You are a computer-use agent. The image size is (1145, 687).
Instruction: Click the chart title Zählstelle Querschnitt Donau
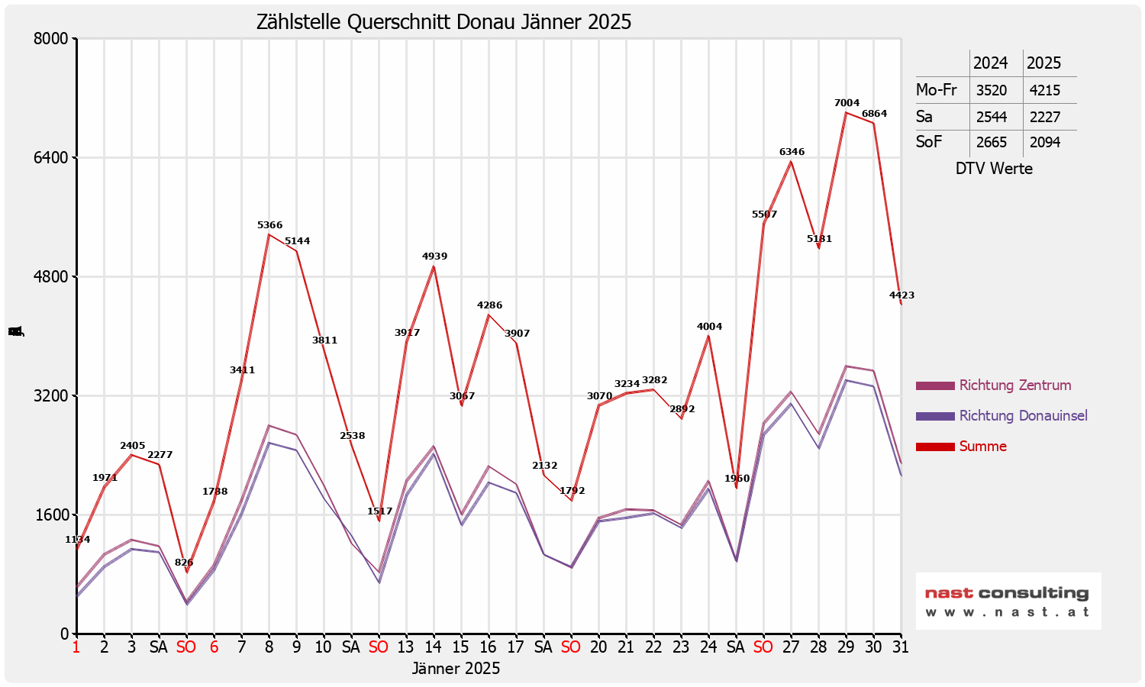pos(443,21)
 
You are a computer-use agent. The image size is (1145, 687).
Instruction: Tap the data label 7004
pos(847,103)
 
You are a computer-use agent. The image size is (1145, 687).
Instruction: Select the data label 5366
pos(269,225)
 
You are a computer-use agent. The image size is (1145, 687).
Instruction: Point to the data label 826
pos(184,563)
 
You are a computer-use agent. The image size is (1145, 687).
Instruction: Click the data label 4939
pos(434,256)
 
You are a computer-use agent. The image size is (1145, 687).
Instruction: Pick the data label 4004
pos(709,327)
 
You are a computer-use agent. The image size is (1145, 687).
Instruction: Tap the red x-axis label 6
pos(214,647)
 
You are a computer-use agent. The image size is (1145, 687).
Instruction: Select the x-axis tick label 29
pos(846,647)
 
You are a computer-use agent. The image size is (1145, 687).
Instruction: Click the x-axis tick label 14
pos(434,647)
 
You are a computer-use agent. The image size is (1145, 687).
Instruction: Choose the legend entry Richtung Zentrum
pos(1014,385)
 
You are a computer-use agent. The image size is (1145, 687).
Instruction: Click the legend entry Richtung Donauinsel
pos(1023,416)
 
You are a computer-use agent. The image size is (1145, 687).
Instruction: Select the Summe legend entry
pos(982,447)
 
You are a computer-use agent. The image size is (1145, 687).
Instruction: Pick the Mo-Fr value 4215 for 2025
pos(1044,90)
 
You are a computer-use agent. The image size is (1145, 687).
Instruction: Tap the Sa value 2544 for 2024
pos(991,117)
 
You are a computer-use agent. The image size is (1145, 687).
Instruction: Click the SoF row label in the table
pos(929,142)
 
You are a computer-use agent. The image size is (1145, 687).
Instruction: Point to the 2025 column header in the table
pos(1043,63)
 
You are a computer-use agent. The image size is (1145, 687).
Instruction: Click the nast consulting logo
pos(1008,601)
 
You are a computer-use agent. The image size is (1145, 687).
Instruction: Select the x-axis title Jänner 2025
pos(456,669)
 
